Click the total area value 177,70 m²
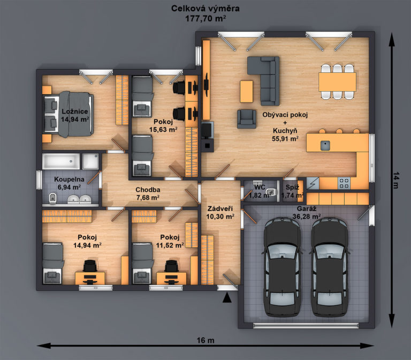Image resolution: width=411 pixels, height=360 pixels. point(205,18)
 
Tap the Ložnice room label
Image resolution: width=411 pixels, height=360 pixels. point(75,111)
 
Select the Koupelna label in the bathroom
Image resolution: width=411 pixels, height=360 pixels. point(69,179)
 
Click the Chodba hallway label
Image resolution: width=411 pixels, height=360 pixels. point(148,190)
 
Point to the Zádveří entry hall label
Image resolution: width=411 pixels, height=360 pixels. point(220,208)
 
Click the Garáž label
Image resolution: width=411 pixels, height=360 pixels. point(307,208)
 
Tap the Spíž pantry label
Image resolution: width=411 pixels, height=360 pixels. point(292,187)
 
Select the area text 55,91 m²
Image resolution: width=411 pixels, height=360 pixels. point(285,139)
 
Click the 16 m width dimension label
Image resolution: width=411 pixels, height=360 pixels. point(205,340)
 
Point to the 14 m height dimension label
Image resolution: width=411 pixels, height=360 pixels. point(396,180)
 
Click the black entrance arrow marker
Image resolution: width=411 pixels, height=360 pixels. point(227,298)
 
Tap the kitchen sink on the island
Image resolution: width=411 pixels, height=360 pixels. point(325,145)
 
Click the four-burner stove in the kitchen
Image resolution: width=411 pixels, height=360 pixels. point(344,183)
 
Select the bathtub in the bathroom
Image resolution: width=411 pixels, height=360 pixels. point(61,161)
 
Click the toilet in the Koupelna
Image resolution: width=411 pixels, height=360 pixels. point(52,198)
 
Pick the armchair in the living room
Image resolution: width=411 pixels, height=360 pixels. point(247,119)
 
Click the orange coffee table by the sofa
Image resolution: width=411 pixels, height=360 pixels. point(247,91)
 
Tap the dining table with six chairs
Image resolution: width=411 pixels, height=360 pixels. point(337,82)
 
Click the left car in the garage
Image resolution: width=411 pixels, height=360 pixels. point(282,267)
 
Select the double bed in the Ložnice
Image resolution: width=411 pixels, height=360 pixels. point(68,114)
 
